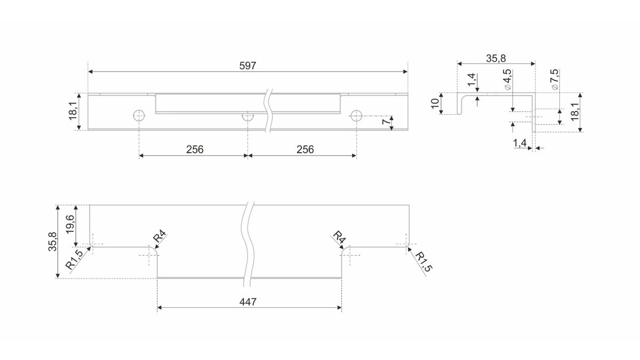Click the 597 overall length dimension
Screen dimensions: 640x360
(247, 66)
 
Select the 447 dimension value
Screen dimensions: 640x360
(247, 302)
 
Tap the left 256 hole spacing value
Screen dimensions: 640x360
(195, 149)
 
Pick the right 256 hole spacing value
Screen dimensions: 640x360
(305, 149)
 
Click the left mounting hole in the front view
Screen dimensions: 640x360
(139, 116)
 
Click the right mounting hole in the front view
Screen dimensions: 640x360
(356, 116)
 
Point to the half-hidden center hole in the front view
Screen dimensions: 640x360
(247, 117)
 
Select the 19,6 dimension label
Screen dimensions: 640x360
(70, 225)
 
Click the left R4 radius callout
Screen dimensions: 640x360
(159, 236)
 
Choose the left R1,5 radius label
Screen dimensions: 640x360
(74, 259)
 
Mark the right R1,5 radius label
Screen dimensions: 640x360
(423, 262)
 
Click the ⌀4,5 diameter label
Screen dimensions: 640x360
(508, 79)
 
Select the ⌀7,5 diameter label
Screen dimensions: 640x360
(555, 79)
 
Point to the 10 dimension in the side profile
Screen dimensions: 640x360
(435, 103)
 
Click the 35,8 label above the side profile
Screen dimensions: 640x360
(495, 59)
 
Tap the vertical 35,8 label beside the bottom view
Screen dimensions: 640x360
(53, 242)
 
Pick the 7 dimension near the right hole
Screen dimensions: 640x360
(386, 122)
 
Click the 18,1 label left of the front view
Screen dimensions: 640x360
(73, 111)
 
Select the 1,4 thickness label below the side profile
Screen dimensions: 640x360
(519, 143)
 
